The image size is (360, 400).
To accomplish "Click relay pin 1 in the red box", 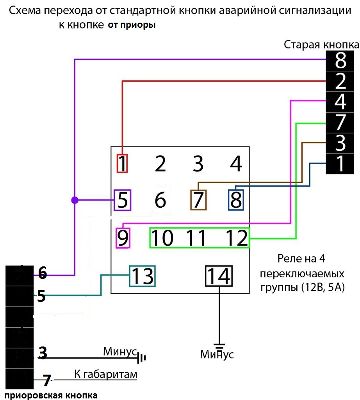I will tap(122, 164).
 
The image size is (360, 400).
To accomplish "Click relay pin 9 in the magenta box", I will tap(123, 237).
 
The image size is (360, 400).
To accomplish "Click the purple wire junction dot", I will tap(75, 200).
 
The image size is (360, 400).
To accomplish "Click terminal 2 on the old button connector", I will tap(340, 81).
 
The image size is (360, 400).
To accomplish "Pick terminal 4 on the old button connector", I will tap(340, 102).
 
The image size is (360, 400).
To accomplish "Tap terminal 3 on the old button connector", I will tap(340, 143).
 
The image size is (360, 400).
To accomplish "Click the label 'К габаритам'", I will tap(105, 375).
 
